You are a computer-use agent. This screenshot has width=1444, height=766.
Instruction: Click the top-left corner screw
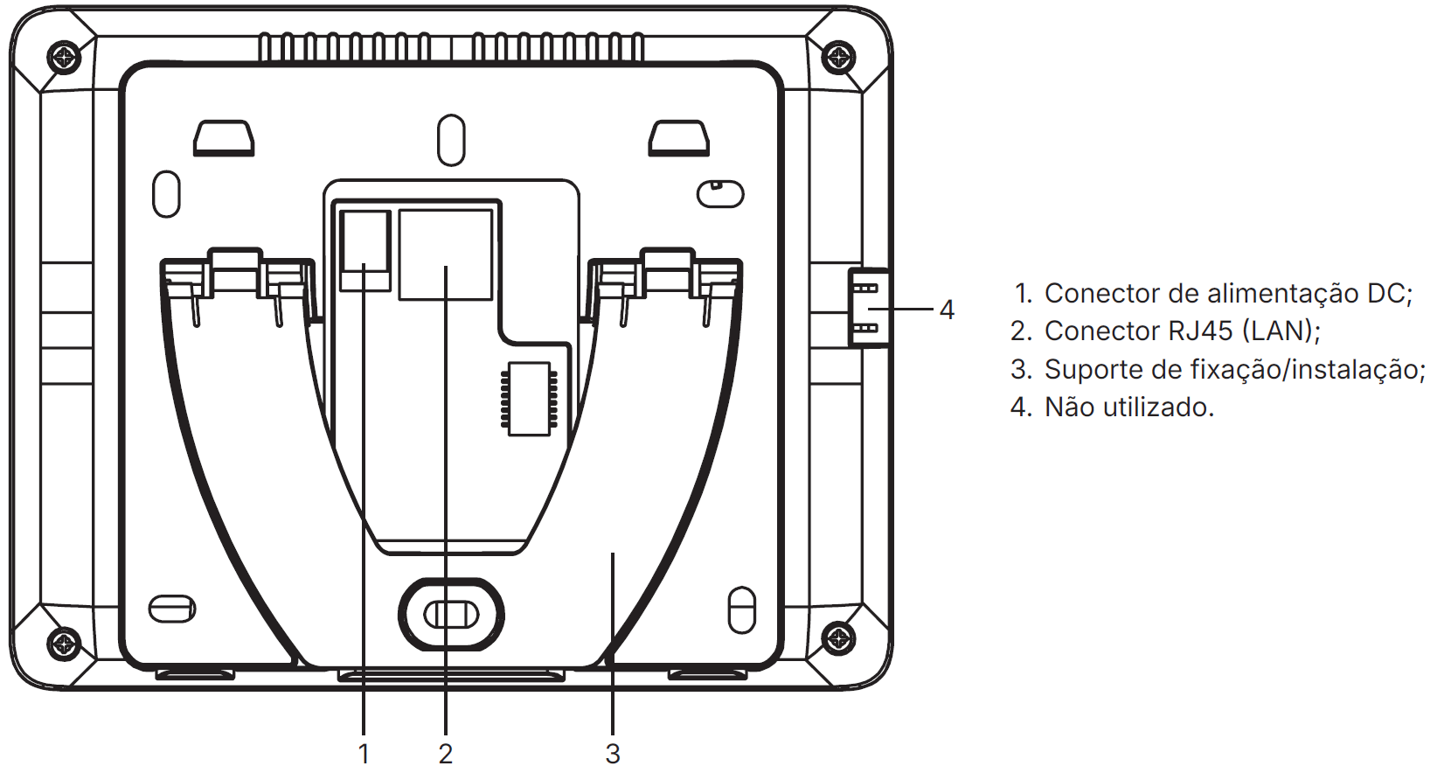64,58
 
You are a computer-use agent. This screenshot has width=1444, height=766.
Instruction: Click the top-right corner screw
839,58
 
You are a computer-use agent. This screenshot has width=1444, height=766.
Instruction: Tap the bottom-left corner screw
64,644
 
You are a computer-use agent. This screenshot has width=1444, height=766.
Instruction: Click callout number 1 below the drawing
364,753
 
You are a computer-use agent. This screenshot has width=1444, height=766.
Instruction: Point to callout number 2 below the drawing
446,753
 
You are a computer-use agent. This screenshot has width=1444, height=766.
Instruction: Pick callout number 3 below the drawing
613,753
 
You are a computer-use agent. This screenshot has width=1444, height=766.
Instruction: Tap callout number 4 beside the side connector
947,310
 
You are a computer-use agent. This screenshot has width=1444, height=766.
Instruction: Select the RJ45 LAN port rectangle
446,254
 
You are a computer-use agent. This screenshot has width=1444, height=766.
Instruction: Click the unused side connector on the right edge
867,308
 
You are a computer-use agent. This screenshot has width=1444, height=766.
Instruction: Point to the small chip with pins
529,399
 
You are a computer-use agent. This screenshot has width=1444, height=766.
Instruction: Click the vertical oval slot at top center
451,140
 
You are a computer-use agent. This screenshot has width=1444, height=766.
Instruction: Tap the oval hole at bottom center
451,615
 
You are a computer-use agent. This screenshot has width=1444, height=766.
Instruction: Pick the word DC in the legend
1385,294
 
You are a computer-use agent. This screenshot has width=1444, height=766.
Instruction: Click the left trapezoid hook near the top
224,138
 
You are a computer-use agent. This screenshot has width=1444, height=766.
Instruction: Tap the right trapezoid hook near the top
678,138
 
